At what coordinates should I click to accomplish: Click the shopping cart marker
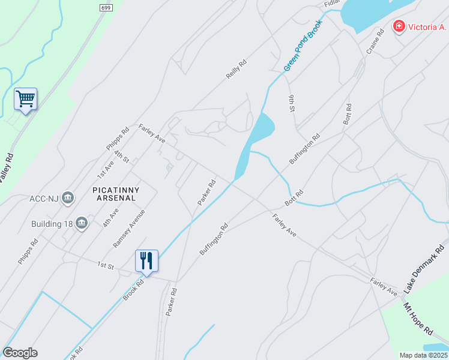(x=26, y=99)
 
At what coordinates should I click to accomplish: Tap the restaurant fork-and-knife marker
(x=147, y=260)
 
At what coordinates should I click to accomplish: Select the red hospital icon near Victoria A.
(x=398, y=26)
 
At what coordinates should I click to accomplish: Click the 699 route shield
(x=106, y=7)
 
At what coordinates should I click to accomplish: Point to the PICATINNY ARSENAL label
(x=116, y=194)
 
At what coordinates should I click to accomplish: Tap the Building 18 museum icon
(x=82, y=224)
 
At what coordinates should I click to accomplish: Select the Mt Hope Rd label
(x=417, y=319)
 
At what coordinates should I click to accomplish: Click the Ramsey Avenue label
(x=129, y=229)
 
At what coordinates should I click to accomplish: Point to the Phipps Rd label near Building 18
(x=28, y=251)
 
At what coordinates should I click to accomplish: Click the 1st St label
(x=106, y=265)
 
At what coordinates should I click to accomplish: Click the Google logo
(x=20, y=353)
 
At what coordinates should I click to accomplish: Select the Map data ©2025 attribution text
(x=423, y=355)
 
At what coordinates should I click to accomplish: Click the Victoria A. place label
(x=428, y=27)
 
